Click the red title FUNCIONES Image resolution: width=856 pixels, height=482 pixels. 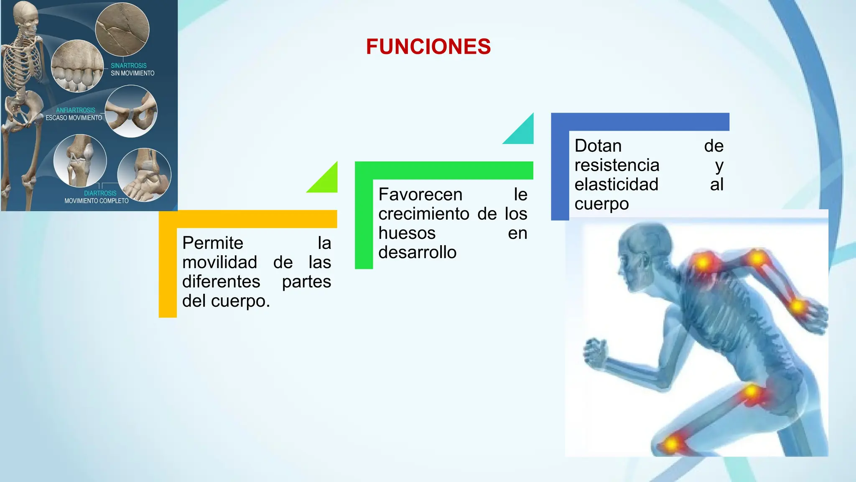coord(428,46)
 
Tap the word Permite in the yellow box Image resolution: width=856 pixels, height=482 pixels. coord(212,243)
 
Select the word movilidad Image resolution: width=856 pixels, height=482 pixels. coord(219,263)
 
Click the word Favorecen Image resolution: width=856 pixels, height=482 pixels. coord(420,195)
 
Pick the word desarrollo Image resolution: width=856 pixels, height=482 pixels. coord(417,252)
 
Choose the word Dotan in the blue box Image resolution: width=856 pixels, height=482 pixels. coord(598,146)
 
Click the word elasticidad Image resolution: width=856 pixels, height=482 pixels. coord(616,185)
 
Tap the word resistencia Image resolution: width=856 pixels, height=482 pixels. coord(617,165)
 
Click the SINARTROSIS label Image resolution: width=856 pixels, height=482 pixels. coord(128,66)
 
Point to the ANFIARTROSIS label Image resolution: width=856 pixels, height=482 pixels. coord(76,110)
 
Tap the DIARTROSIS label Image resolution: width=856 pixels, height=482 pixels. coord(100,193)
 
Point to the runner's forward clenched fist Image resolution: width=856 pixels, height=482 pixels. coord(594,349)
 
